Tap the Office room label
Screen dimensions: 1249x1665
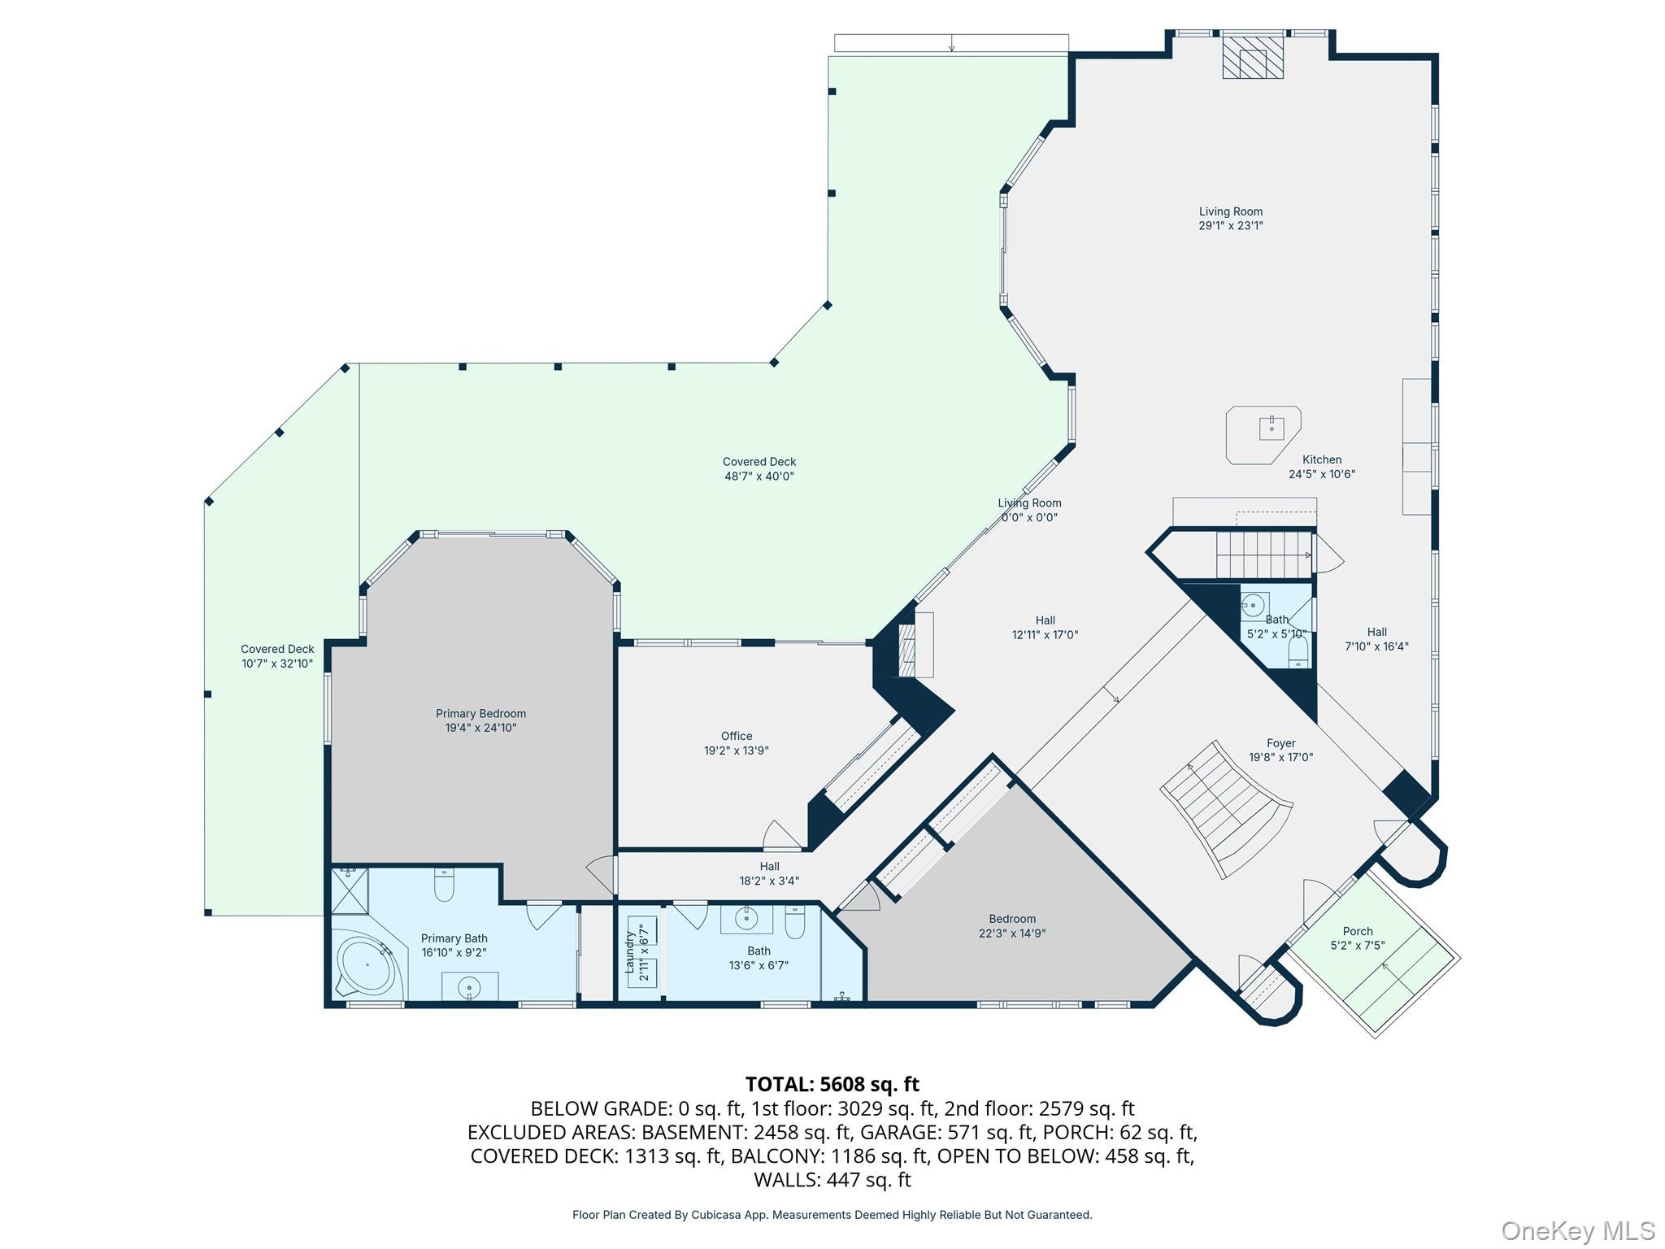coord(736,736)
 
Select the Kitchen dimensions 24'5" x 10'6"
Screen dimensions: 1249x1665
coord(1321,474)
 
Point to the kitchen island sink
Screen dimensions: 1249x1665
coord(1272,427)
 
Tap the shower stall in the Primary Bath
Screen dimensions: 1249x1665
coord(350,890)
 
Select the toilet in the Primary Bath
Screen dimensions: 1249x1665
coord(444,886)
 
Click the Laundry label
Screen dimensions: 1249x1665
coord(629,952)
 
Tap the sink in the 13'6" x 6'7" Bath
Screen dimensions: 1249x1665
coord(746,919)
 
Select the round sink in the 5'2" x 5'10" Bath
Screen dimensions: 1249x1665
coord(1253,605)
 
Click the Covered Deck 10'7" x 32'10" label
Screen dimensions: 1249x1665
coord(277,656)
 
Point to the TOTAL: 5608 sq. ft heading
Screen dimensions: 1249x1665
coord(832,1084)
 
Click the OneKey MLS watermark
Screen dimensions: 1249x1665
coord(1577,1231)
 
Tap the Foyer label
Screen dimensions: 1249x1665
coord(1280,743)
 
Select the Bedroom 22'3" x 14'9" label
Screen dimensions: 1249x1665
coord(1011,926)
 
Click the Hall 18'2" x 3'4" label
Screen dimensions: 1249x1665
coord(769,873)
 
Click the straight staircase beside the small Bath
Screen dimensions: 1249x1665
coord(1263,554)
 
